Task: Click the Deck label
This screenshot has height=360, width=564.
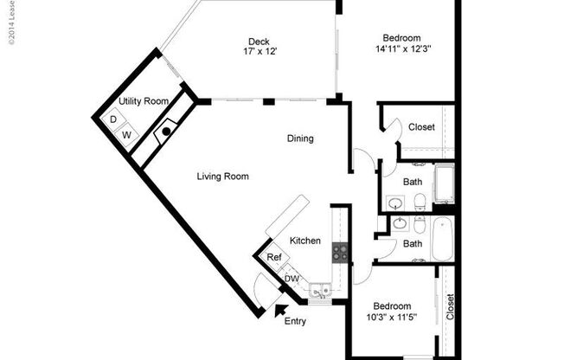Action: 258,42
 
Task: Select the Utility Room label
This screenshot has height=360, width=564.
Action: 144,102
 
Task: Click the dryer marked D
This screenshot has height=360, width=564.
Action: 113,119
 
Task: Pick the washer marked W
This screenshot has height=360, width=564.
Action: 126,135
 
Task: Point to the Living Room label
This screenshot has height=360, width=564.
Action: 222,177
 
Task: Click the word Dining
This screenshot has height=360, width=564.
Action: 300,138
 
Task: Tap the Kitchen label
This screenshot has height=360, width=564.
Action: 305,241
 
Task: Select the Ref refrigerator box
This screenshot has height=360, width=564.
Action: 273,258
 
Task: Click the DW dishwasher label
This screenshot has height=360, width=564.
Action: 292,279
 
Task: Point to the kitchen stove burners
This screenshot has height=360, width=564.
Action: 340,253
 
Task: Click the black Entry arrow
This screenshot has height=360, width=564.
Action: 279,309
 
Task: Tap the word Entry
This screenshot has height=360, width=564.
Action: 295,322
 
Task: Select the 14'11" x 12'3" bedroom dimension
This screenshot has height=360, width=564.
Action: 403,48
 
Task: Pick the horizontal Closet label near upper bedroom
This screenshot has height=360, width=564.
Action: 421,127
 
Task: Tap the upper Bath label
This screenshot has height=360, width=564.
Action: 413,182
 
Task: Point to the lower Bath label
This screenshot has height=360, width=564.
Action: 413,244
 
